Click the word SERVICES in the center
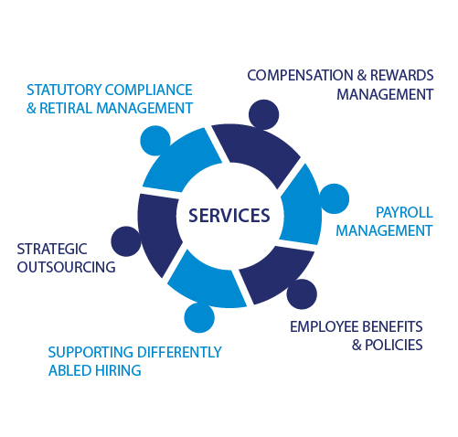[x=229, y=215]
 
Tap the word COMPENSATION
[x=300, y=75]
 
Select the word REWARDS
[x=401, y=75]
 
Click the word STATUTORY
[x=64, y=90]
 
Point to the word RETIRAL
[x=66, y=108]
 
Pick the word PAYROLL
[x=404, y=212]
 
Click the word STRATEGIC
[x=52, y=249]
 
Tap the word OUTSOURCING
[x=66, y=267]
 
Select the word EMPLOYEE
[x=325, y=326]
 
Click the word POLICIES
[x=394, y=345]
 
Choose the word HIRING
[x=118, y=370]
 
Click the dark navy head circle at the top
[x=263, y=114]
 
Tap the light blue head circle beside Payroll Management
[x=335, y=198]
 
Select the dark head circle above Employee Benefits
[x=302, y=294]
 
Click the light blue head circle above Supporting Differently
[x=199, y=317]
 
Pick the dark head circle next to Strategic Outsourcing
[x=126, y=241]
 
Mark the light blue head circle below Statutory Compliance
[x=155, y=141]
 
